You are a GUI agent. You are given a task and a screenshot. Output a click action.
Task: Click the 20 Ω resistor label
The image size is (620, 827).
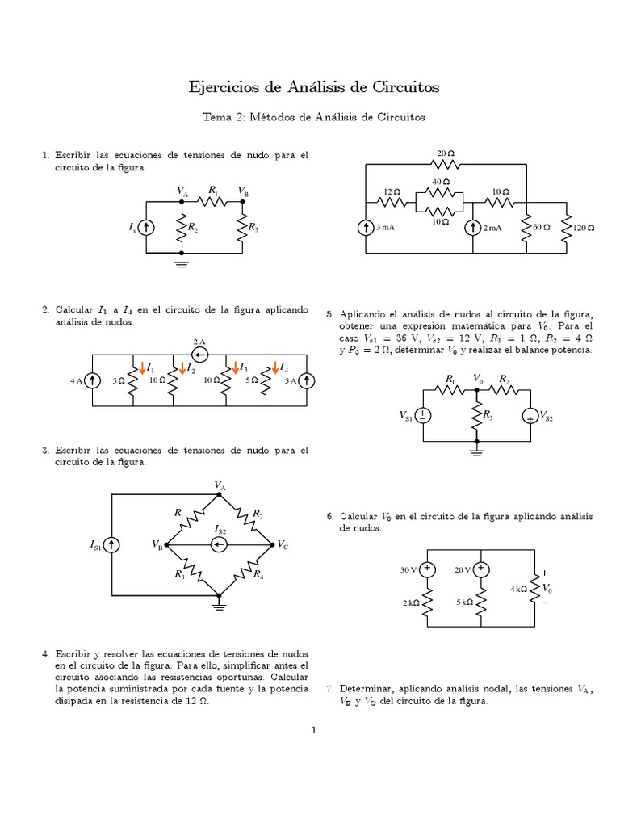[446, 153]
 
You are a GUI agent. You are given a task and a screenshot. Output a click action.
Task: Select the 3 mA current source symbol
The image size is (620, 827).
[365, 228]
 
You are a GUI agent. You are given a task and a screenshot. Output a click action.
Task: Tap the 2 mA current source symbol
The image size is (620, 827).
[472, 228]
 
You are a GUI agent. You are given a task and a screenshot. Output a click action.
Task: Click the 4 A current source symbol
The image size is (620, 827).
[93, 380]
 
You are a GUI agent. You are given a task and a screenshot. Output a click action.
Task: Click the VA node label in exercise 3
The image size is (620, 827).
[220, 485]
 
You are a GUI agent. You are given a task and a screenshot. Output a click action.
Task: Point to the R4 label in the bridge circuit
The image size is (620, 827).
[258, 575]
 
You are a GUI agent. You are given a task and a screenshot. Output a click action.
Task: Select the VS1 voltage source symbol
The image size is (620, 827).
[423, 416]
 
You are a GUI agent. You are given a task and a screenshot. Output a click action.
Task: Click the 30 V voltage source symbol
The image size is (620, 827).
[428, 569]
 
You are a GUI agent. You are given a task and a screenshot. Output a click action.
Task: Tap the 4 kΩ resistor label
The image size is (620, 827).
[518, 590]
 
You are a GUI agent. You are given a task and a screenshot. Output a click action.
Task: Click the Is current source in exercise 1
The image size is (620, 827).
[146, 229]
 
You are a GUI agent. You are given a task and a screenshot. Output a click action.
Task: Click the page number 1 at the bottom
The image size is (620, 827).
[314, 731]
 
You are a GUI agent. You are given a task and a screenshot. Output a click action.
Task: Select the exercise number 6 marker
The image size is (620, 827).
[329, 515]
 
